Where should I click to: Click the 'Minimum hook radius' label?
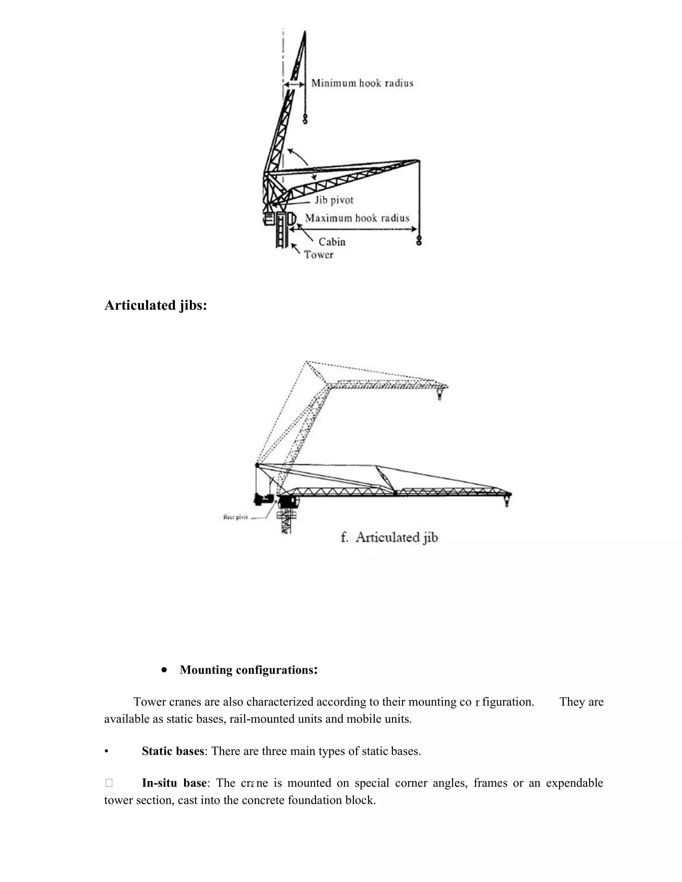(x=362, y=83)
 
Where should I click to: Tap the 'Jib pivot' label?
(x=334, y=200)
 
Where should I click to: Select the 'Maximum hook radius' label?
(x=357, y=218)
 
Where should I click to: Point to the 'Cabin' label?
(x=332, y=242)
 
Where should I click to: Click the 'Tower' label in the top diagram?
(x=318, y=255)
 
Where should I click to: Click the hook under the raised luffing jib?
(x=305, y=119)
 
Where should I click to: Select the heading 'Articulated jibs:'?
(x=156, y=305)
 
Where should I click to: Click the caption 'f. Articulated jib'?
(x=389, y=538)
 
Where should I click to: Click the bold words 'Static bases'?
(x=173, y=751)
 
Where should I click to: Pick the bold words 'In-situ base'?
(x=174, y=783)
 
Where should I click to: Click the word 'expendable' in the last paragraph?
(x=574, y=783)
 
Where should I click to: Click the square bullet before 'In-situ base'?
(x=109, y=783)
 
